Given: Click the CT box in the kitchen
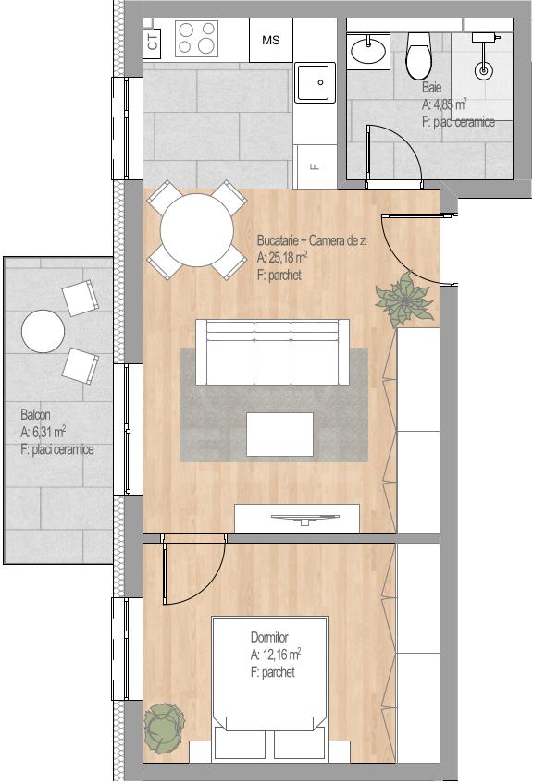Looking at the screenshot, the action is [x=152, y=40].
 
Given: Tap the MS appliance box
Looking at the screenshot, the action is [x=271, y=41].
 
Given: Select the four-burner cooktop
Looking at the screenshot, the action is [x=197, y=39].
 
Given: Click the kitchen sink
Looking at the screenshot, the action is [x=315, y=82].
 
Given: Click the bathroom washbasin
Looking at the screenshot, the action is [x=368, y=50].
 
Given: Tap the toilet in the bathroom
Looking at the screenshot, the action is [x=418, y=56].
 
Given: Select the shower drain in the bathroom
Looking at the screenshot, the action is [x=483, y=70].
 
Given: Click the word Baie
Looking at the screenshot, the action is [x=432, y=87].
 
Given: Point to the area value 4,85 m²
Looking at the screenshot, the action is [x=444, y=104].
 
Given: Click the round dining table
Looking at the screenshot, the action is [x=197, y=230].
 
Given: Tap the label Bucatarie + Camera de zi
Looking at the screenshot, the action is [x=312, y=240].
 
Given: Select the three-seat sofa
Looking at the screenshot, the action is [x=273, y=352].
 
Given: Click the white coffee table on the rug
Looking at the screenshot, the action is [x=279, y=434].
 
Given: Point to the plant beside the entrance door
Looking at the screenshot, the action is [x=405, y=300].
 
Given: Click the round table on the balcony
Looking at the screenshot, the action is [x=43, y=331].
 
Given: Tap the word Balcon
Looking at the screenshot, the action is [x=35, y=414].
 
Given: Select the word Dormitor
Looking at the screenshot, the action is [x=269, y=638].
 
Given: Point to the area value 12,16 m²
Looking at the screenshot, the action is [x=276, y=655].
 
